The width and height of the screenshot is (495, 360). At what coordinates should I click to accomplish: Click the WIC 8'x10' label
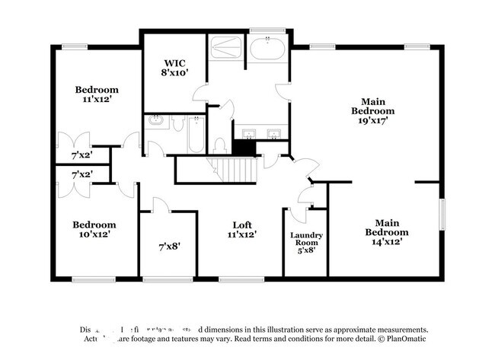click(x=174, y=68)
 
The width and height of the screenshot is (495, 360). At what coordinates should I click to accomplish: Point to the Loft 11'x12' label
click(x=242, y=230)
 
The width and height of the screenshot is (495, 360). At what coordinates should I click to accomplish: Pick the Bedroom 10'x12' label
click(x=94, y=230)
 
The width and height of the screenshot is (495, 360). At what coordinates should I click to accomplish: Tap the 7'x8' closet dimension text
click(x=168, y=245)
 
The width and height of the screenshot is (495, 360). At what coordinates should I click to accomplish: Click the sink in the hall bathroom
click(x=155, y=120)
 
